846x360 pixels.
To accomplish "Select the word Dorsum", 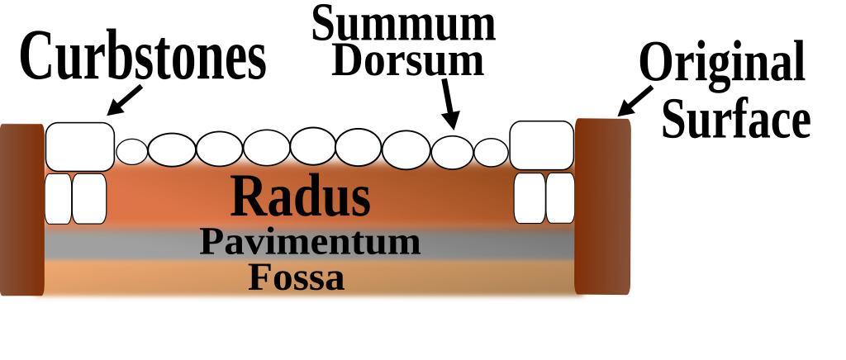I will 407,60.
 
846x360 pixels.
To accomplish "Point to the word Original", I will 722,63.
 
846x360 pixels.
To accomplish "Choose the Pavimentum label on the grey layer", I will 310,243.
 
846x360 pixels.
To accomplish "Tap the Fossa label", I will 296,278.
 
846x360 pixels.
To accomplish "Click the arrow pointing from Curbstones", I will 124,100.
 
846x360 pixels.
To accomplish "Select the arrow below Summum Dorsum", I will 449,103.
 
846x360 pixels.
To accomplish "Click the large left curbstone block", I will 79,146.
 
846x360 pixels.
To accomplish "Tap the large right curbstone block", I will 541,145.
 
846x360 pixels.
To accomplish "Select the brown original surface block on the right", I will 602,206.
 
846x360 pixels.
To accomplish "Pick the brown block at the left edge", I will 21,209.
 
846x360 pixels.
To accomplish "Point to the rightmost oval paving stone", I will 492,152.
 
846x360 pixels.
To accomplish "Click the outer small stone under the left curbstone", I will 58,198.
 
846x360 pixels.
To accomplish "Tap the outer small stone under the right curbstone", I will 560,198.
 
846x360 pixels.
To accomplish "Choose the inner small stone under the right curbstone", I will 530,198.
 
